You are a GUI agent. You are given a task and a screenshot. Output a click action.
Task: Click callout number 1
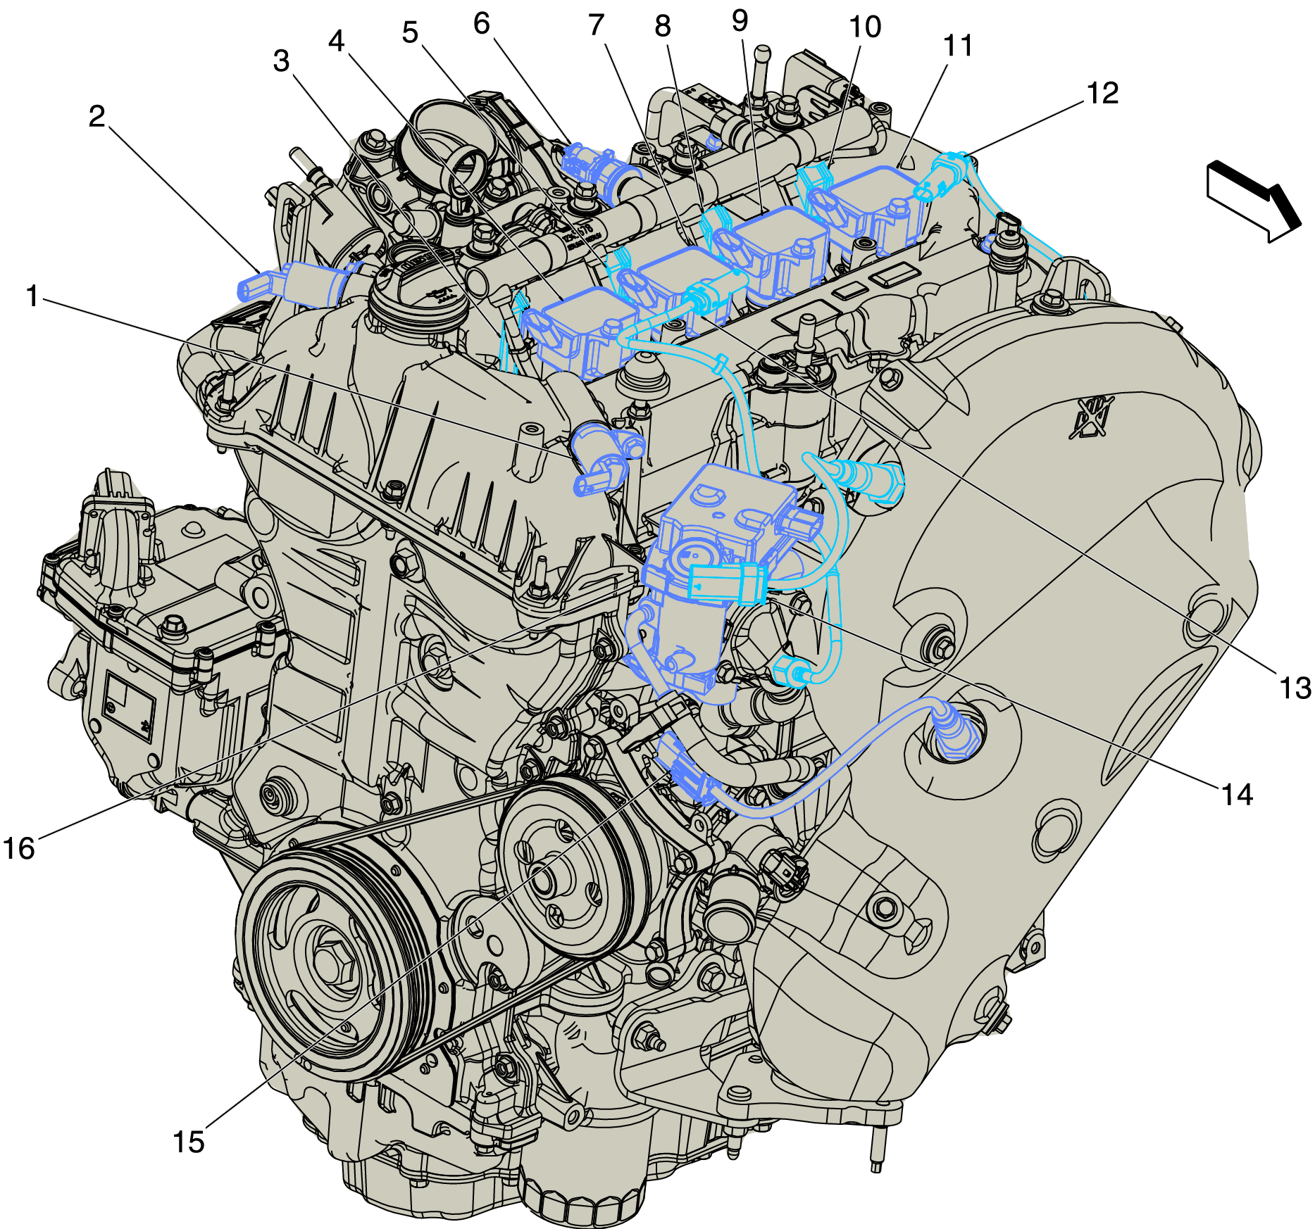32,296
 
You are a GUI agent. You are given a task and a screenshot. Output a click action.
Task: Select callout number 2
97,116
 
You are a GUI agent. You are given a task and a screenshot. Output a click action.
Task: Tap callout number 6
482,23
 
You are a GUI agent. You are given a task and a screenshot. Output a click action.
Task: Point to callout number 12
1102,93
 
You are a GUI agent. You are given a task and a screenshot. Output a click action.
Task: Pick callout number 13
1295,688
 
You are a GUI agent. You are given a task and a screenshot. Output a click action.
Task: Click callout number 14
1237,794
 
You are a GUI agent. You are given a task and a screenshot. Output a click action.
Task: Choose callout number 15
189,1142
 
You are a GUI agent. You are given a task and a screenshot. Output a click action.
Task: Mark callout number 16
19,848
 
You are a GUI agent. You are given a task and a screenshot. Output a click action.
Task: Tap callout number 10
865,27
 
